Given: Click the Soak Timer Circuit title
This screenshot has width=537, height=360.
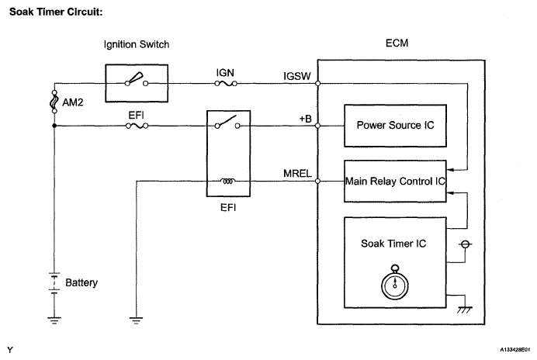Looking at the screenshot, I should coord(54,12).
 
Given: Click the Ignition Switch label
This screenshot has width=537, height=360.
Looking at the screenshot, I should coord(137,44).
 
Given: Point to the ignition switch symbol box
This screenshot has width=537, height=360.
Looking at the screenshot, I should coord(137,78).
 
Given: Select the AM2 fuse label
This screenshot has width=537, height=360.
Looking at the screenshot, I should coord(71,102).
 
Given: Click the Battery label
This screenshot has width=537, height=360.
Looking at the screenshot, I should coord(81,283).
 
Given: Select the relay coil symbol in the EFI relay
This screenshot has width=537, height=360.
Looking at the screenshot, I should coord(229,182).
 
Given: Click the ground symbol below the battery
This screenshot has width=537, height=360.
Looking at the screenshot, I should coord(54,317).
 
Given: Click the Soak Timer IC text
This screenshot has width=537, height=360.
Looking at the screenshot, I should coord(393,243).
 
